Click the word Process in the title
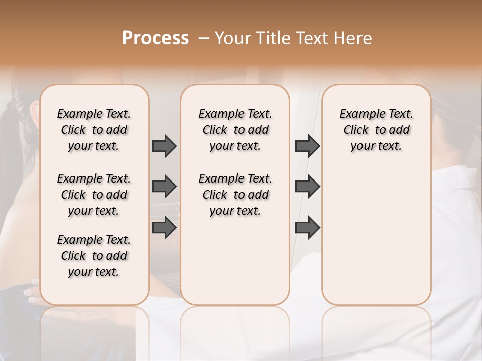pos(155,38)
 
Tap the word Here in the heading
pos(354,38)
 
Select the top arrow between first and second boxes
pos(164,146)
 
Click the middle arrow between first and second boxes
pos(164,187)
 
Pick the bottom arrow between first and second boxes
pos(164,227)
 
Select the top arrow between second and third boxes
pos(307,146)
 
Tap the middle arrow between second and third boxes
pos(307,187)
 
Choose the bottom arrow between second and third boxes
pos(307,227)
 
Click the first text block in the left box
pos(94,130)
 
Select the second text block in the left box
pos(94,195)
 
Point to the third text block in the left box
pos(94,256)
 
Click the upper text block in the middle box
pos(235,130)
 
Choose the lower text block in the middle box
pos(235,195)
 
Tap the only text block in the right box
pos(376,130)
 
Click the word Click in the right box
pos(356,130)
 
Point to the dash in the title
pos(204,38)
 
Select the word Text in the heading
pos(311,38)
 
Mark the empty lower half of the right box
pos(376,236)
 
